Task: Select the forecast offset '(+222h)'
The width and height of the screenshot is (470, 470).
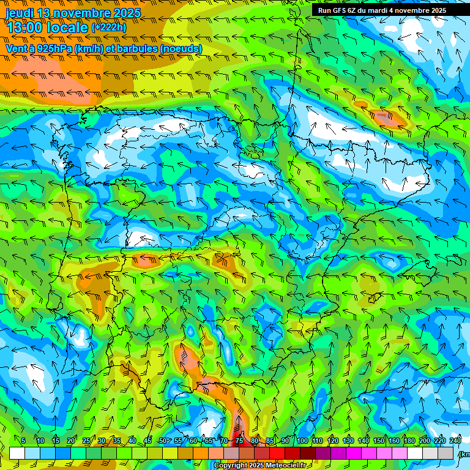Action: [x=109, y=27]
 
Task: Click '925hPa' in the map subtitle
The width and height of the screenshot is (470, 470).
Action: [x=53, y=48]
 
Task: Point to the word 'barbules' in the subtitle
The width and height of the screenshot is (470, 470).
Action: [x=136, y=48]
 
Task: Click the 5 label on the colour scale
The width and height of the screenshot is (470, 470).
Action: [x=23, y=441]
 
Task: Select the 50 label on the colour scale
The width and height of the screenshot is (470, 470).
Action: [x=162, y=441]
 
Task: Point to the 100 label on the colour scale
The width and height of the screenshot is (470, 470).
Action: [x=302, y=441]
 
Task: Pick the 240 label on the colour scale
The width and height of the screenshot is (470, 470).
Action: [x=455, y=441]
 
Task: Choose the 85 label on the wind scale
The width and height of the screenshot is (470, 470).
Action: [x=270, y=441]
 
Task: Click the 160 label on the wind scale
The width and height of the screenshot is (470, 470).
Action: [x=394, y=441]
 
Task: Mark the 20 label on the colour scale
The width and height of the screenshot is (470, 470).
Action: [x=71, y=441]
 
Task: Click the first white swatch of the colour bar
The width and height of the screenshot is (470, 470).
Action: [x=17, y=453]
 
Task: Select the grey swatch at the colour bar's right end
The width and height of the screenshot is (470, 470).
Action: [x=446, y=453]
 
